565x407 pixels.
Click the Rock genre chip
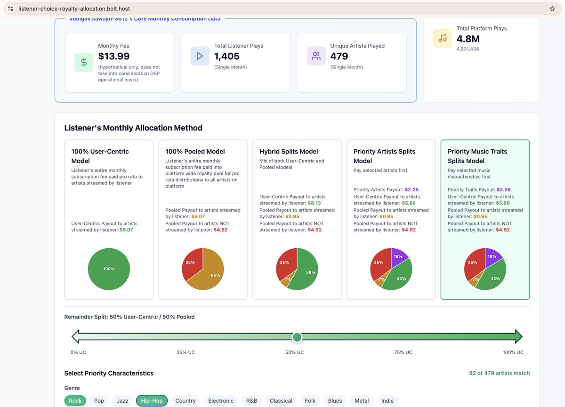(75, 400)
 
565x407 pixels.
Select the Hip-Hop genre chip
(152, 400)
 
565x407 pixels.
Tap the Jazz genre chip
(122, 400)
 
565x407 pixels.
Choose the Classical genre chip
(281, 400)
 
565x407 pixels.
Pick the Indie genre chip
(387, 400)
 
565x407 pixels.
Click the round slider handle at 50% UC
(297, 337)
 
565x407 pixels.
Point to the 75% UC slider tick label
(403, 352)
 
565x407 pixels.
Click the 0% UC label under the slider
(78, 352)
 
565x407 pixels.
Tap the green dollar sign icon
(84, 62)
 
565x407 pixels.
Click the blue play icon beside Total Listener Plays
(200, 56)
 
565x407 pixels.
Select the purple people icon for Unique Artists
(316, 56)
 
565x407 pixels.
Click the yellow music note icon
(443, 39)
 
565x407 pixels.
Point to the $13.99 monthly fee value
(114, 56)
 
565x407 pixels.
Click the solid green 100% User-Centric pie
(109, 269)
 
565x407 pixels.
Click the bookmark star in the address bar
(552, 8)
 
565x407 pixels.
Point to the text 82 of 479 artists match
(499, 373)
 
